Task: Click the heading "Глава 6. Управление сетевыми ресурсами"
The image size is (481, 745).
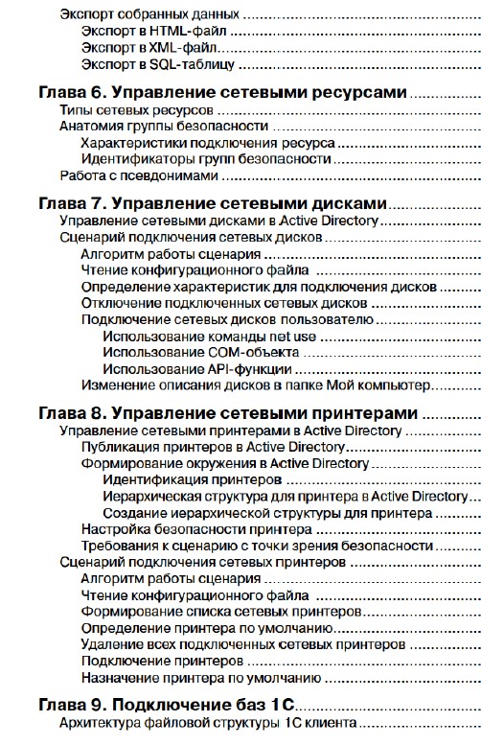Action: click(x=222, y=93)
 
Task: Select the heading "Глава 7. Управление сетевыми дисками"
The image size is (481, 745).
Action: click(x=212, y=203)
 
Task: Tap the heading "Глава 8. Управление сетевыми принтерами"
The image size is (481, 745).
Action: click(x=227, y=413)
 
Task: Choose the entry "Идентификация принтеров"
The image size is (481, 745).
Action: click(x=185, y=479)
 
